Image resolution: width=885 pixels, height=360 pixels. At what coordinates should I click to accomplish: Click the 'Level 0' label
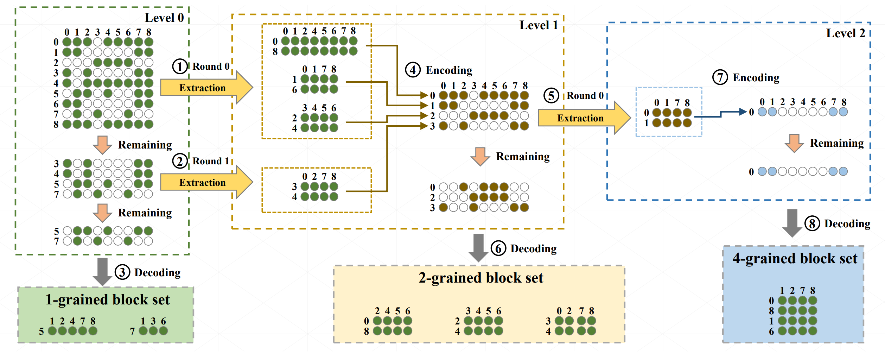pos(164,18)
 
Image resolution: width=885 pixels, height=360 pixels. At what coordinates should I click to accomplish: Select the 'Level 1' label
pos(539,25)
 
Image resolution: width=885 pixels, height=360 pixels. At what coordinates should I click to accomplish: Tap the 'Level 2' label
pos(845,33)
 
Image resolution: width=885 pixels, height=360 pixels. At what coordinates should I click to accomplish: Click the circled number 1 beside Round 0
pos(180,67)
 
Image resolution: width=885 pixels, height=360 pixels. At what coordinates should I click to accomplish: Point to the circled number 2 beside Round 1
pos(180,161)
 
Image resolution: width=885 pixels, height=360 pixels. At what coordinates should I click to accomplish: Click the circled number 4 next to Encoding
pos(413,70)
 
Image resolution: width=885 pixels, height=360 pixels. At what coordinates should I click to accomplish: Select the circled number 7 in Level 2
pos(720,77)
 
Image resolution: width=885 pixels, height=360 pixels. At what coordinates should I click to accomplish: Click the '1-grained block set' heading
pos(108,300)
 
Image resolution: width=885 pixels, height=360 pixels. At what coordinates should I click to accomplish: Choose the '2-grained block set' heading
pos(480,278)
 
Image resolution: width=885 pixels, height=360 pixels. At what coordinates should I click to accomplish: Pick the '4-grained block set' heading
pos(795,259)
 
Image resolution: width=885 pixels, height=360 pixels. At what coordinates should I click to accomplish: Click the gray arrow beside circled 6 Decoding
pos(478,248)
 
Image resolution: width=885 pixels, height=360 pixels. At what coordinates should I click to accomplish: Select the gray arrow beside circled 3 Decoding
pos(102,272)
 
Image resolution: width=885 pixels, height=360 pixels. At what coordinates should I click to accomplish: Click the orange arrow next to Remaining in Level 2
pos(794,143)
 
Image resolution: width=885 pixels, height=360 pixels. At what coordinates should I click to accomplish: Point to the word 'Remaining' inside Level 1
pos(522,157)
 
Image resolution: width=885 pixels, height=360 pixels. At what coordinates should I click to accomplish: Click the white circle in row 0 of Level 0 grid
pos(98,42)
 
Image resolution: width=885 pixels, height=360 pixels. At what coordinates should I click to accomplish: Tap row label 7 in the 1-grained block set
pos(132,331)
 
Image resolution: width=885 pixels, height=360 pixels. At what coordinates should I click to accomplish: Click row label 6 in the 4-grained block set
pos(771,331)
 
